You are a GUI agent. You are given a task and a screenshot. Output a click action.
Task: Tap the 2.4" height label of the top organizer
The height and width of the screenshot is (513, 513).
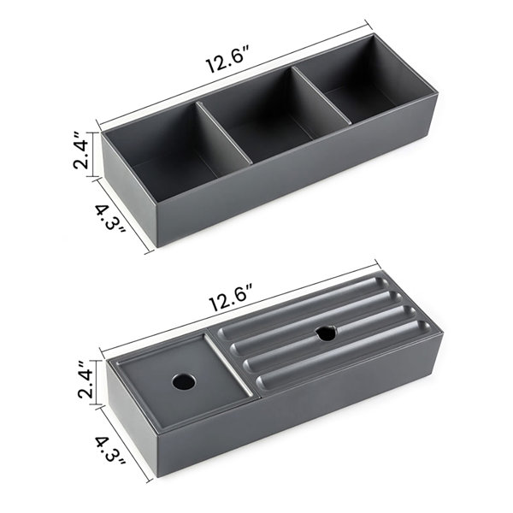click(x=80, y=150)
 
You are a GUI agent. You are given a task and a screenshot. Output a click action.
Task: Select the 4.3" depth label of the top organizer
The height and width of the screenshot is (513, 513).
click(x=110, y=219)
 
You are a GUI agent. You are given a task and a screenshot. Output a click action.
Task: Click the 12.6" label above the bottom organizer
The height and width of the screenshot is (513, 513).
click(x=232, y=298)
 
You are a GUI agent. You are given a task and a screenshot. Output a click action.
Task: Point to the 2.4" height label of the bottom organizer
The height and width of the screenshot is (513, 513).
click(x=85, y=379)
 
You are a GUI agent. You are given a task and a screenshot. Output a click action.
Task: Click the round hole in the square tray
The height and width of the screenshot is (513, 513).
click(x=184, y=381)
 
